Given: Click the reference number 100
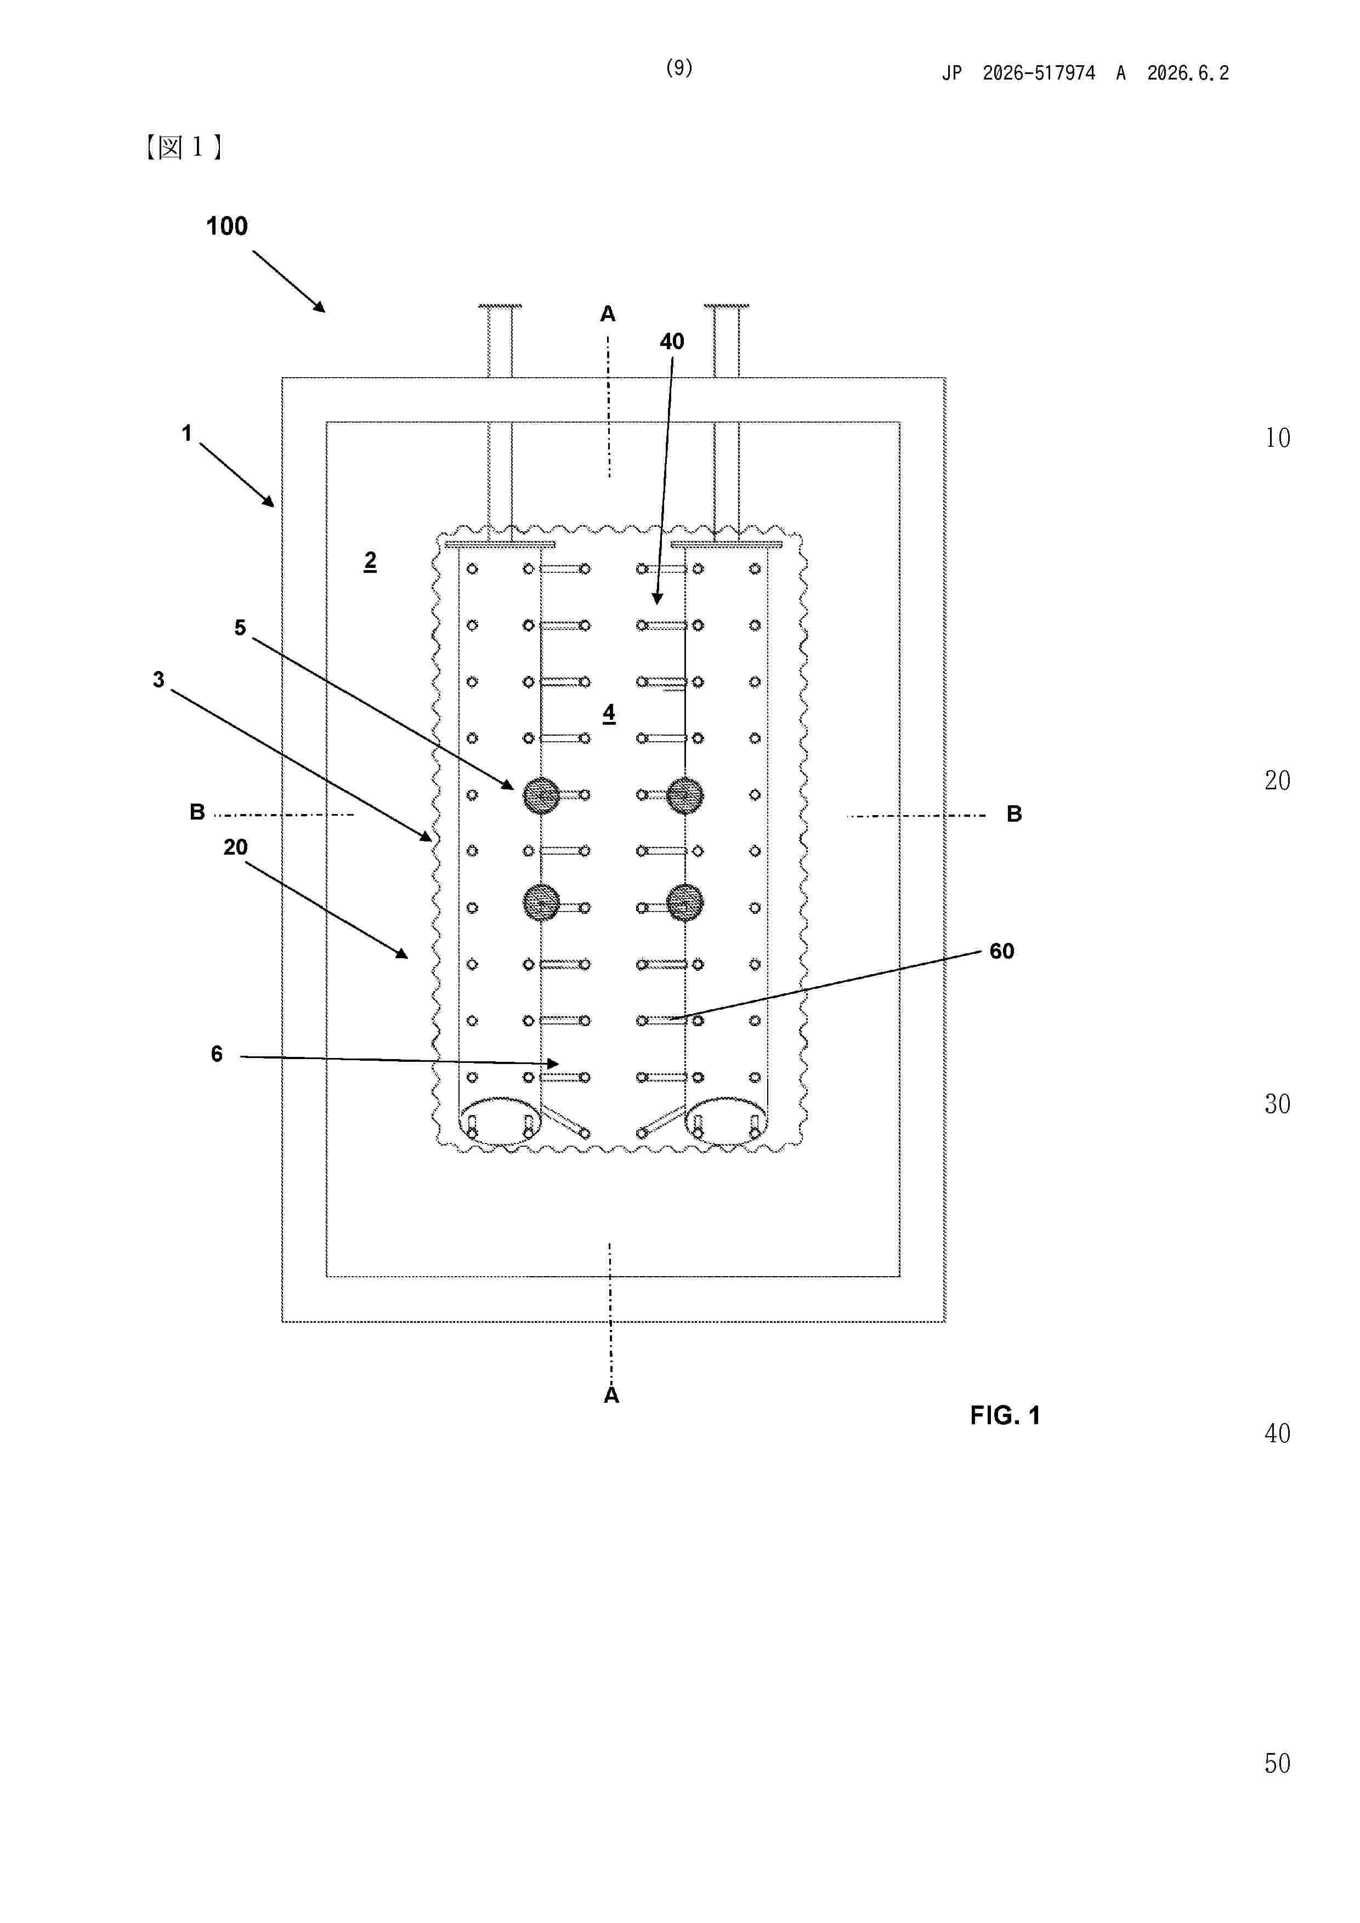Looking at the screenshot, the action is [226, 226].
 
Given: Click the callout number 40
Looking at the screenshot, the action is [672, 342].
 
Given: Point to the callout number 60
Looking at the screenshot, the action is [1001, 952].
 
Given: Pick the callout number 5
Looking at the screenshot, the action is [240, 628].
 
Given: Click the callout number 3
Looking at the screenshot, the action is [158, 679].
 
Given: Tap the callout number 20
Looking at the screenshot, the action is [235, 847].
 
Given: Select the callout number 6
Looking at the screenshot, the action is [216, 1054].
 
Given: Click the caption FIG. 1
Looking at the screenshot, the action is [1005, 1415].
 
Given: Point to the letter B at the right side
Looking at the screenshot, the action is [1014, 814].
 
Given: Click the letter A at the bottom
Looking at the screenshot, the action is [611, 1395].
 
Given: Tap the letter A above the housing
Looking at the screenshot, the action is [608, 314].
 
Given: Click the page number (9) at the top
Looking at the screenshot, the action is [679, 68].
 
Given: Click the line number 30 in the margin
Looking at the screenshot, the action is [1277, 1105].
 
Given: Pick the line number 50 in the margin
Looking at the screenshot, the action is [1277, 1764].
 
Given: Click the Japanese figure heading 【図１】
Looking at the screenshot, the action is [184, 147].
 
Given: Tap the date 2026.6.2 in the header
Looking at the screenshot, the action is [1187, 73].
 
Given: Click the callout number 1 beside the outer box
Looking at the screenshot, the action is [187, 433].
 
